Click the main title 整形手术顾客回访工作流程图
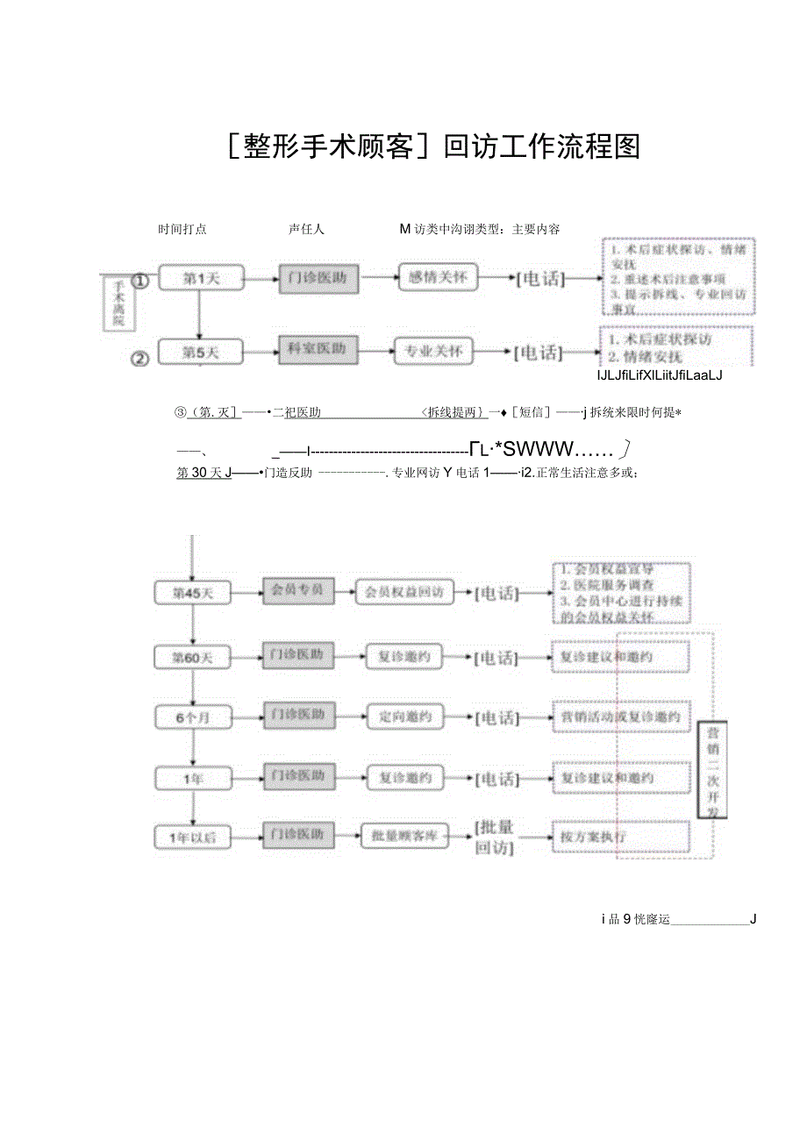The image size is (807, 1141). pyautogui.click(x=433, y=146)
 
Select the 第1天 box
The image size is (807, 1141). pyautogui.click(x=201, y=279)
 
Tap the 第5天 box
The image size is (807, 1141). pyautogui.click(x=201, y=353)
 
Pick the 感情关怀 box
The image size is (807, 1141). pyautogui.click(x=439, y=278)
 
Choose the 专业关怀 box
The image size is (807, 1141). pyautogui.click(x=433, y=353)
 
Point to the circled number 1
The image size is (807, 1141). pyautogui.click(x=140, y=281)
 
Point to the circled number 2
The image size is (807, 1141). pyautogui.click(x=140, y=358)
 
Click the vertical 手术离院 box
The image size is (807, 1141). pyautogui.click(x=119, y=303)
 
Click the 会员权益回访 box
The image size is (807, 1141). pyautogui.click(x=404, y=592)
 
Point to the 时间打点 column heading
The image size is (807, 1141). pyautogui.click(x=182, y=230)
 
